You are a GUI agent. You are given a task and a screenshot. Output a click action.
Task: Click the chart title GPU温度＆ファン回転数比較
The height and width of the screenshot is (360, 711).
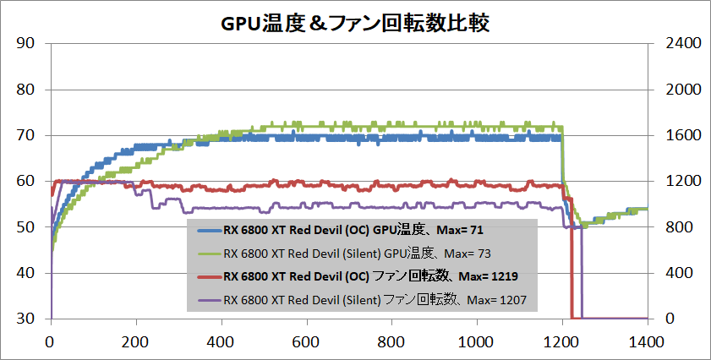click(355, 23)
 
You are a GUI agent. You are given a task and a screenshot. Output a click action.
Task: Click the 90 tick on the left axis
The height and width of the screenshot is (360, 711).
click(25, 44)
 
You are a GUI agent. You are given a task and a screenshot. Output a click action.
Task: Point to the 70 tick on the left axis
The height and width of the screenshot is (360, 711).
click(25, 135)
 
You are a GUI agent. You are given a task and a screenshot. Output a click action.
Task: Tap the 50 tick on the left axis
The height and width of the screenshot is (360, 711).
click(25, 227)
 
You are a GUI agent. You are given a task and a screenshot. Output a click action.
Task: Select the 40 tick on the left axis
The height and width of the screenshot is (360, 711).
click(25, 273)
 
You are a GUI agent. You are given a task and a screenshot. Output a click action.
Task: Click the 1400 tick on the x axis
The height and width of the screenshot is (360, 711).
click(646, 342)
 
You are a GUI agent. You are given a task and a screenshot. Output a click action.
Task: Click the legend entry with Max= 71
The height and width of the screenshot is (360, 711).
click(353, 228)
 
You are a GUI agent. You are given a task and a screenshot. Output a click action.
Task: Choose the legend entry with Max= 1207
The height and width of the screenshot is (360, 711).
click(375, 299)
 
